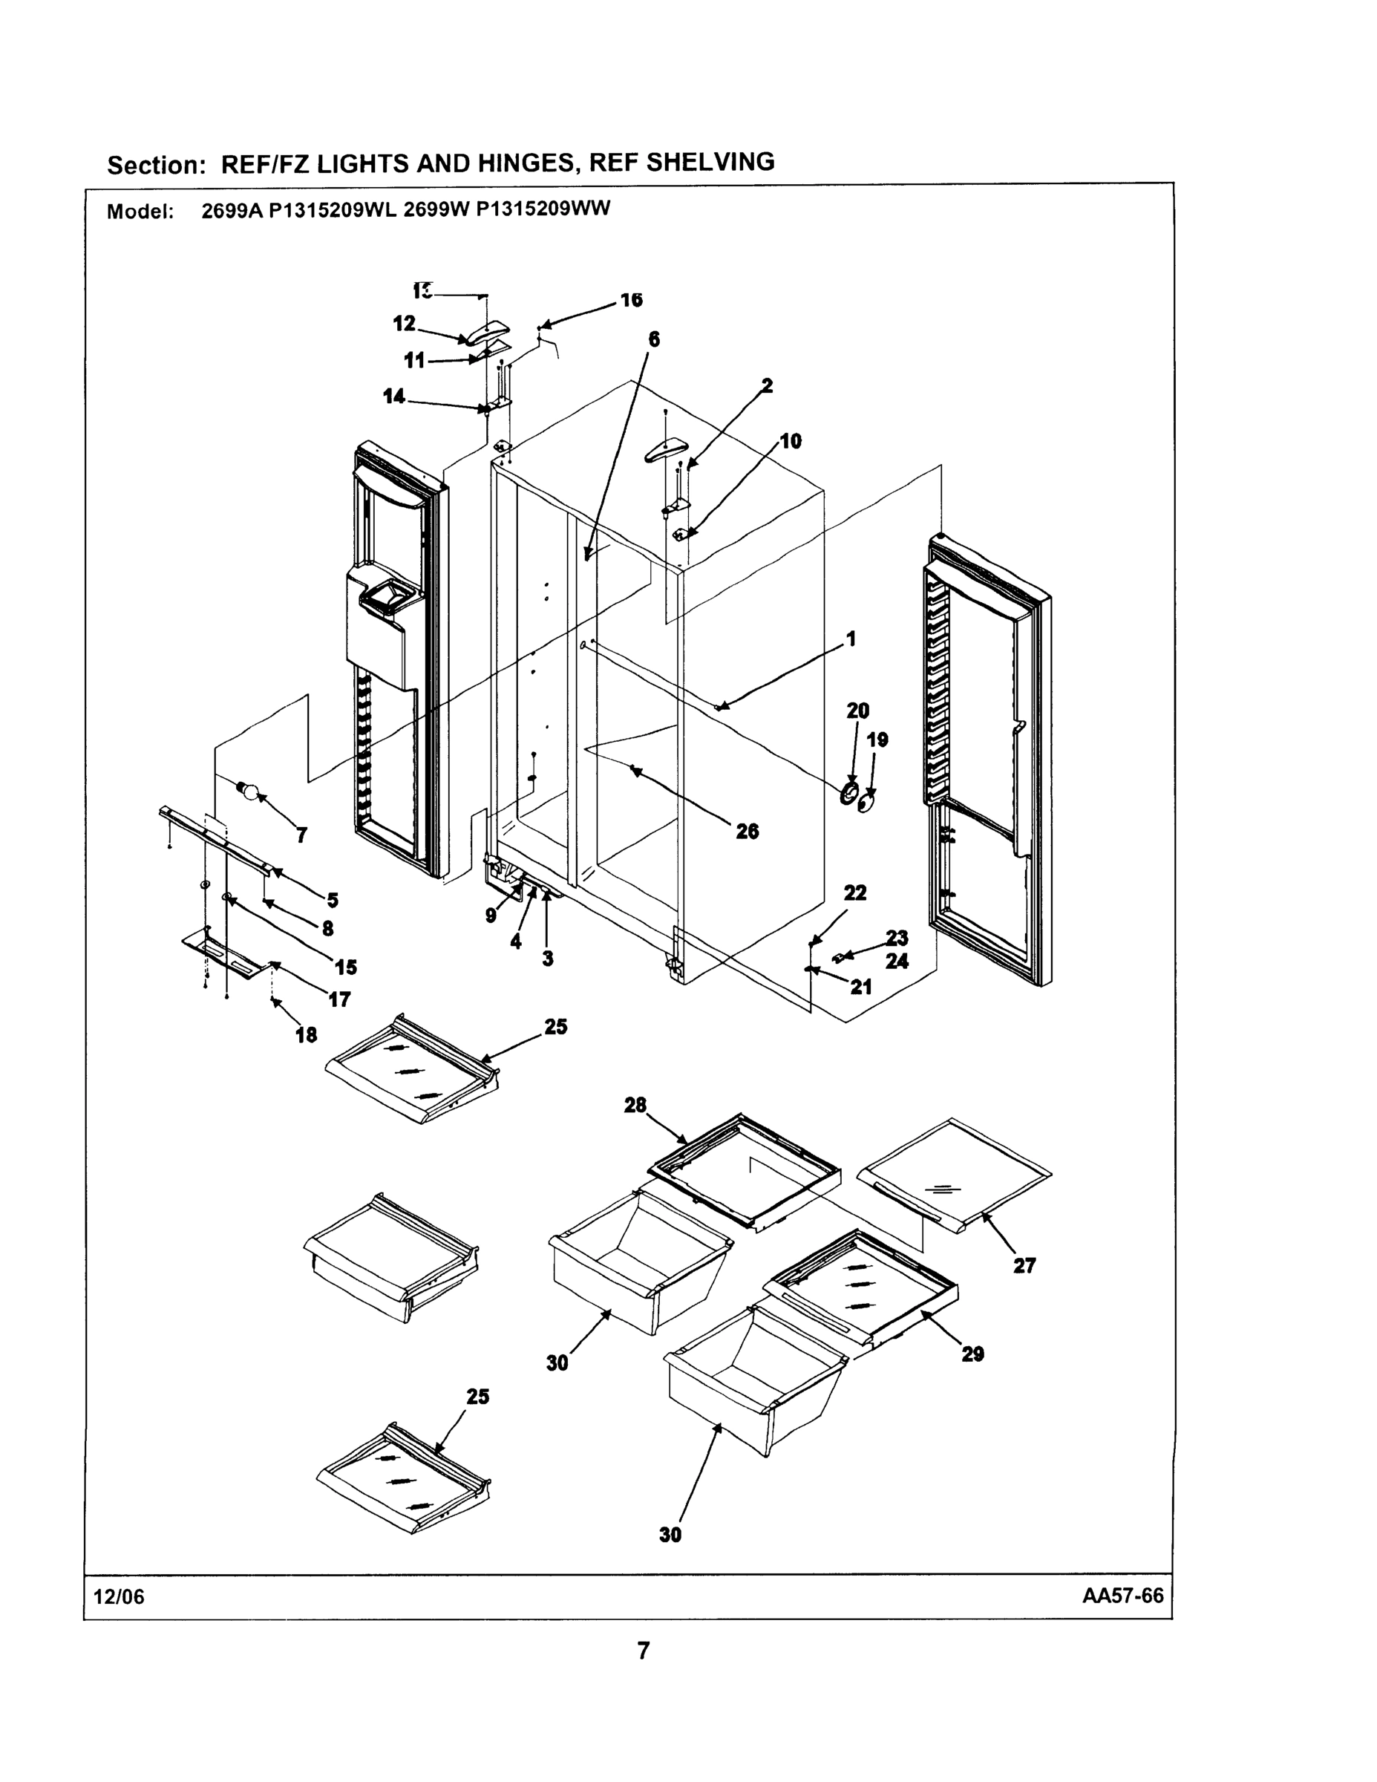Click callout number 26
747,831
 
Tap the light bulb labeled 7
248,789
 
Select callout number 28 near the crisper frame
635,1105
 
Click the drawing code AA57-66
1122,1596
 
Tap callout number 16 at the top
630,299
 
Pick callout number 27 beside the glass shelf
1024,1265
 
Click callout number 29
972,1354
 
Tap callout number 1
851,638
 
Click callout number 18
306,1034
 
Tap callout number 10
790,442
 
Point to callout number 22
854,892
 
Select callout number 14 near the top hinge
394,396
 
